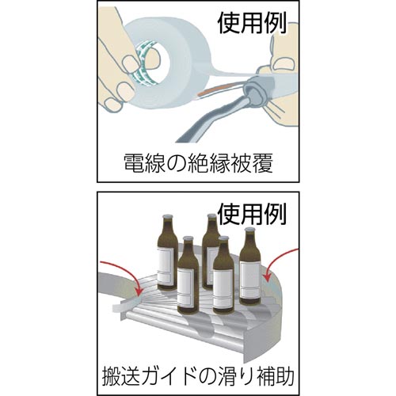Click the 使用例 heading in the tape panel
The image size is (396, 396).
(252, 24)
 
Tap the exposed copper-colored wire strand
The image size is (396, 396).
(211, 90)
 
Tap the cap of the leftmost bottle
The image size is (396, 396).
(167, 217)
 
